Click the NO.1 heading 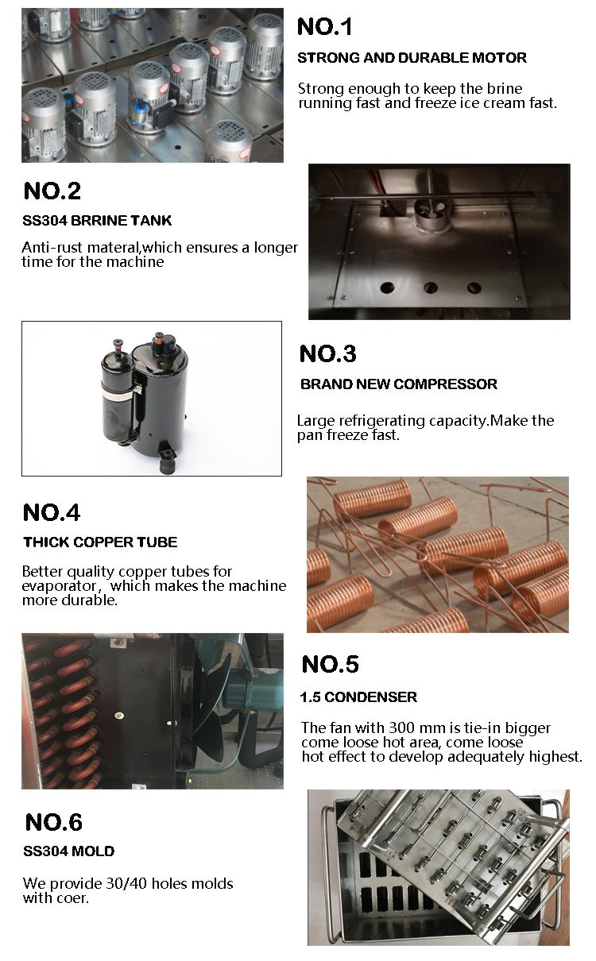coord(325,26)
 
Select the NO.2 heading coord(52,191)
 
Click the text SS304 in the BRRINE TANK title coord(45,221)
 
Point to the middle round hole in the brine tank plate coord(430,288)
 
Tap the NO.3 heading coord(327,354)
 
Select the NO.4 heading coord(52,513)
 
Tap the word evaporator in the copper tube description coord(59,586)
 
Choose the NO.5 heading coord(331,664)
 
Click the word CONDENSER coord(370,697)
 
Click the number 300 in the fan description coord(403,728)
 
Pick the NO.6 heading coord(54,822)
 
